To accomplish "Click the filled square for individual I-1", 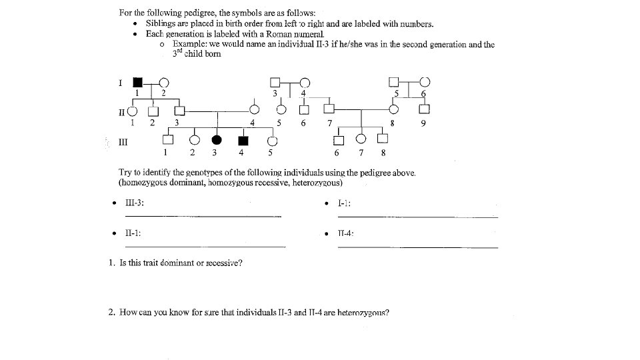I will (137, 82).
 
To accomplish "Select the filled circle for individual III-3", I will (217, 140).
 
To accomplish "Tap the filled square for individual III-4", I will (243, 140).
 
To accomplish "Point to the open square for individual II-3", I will (179, 109).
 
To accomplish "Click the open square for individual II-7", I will (328, 109).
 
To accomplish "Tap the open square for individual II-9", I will (423, 109).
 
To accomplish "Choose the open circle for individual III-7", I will (361, 139).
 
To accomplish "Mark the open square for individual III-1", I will (168, 140).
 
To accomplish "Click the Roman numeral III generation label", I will (123, 141).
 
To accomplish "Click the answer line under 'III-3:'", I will (203, 216).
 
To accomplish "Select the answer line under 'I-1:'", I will (417, 216).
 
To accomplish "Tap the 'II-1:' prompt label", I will (132, 233).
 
